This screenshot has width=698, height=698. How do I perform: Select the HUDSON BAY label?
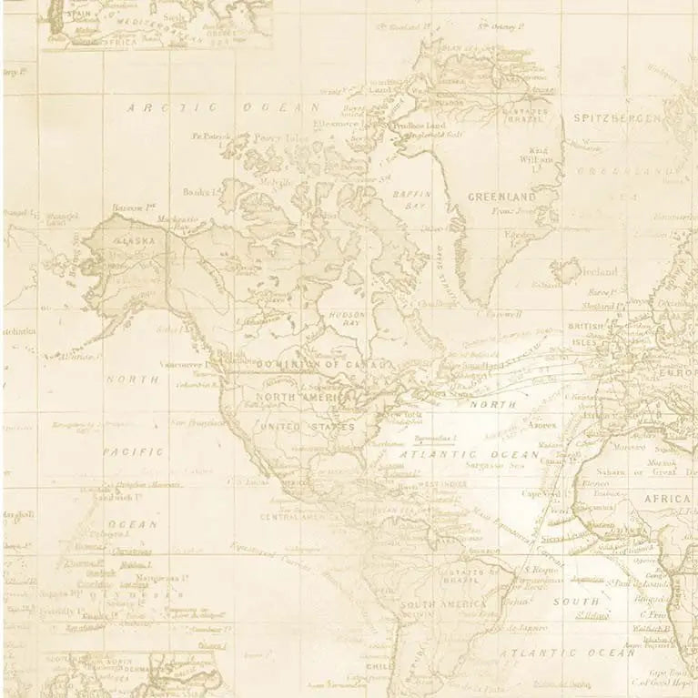click(x=346, y=319)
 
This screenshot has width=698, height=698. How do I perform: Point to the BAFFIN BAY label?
click(x=410, y=199)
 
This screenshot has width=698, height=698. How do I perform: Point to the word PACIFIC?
click(x=133, y=451)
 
